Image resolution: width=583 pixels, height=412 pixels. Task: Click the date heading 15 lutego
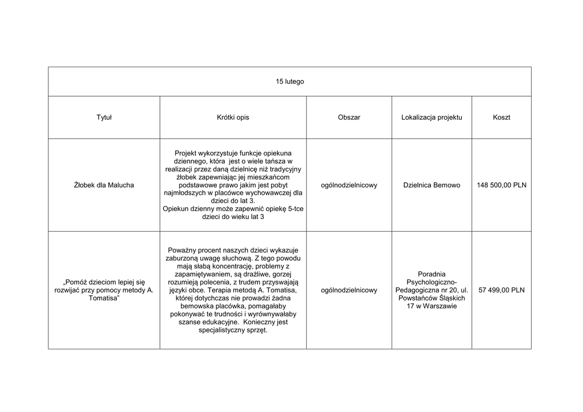290,81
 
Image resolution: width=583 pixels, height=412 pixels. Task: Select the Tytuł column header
104,117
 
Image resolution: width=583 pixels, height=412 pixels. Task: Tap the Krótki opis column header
233,117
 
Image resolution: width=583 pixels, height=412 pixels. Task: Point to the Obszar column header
349,117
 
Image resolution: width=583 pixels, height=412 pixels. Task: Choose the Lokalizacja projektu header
432,117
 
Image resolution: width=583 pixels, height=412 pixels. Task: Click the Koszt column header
502,117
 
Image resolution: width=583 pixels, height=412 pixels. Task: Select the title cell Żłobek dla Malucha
104,185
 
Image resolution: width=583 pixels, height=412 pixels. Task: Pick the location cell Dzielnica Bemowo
432,185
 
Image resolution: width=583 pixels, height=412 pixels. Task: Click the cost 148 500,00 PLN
502,185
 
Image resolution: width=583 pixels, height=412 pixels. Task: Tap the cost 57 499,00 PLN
502,290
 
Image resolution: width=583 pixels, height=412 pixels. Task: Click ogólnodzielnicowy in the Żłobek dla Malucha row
349,185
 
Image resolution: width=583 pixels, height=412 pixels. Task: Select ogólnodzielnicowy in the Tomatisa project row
349,290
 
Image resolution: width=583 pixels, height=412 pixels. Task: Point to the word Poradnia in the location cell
432,274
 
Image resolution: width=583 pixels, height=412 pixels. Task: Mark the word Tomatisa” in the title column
104,298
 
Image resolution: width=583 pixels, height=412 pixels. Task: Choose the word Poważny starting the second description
181,250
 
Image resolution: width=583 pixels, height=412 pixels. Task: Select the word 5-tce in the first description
295,209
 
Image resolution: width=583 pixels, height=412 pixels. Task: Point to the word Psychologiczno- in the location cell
432,282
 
